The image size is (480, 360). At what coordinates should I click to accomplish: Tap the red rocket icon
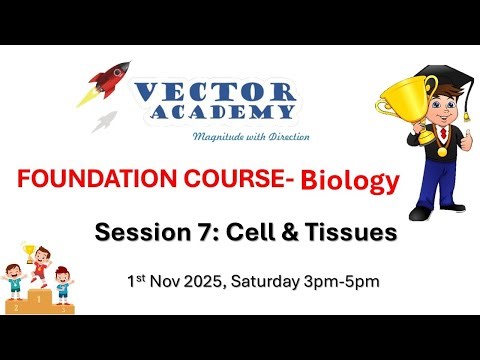(110, 80)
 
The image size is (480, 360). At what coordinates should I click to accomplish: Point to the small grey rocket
(104, 123)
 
